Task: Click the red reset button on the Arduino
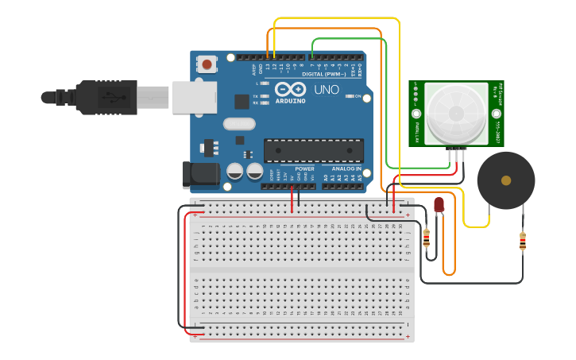pos(207,64)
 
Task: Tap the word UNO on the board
pos(326,90)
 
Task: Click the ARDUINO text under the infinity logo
pos(291,101)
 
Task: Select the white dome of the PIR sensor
pos(455,114)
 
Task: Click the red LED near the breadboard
pos(439,205)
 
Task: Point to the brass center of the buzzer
pos(506,180)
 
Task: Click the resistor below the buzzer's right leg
pos(522,241)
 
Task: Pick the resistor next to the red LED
pos(426,237)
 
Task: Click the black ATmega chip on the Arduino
pos(314,150)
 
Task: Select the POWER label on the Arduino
pos(305,168)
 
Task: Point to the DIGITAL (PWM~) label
pos(327,74)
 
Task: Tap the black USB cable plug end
pos(59,98)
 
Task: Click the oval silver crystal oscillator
pos(239,123)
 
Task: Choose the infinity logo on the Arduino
pos(291,89)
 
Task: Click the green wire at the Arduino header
pos(312,56)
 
